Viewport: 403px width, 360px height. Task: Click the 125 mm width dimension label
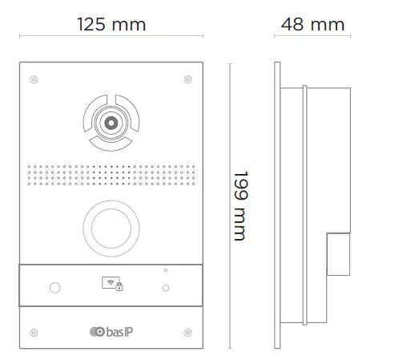pyautogui.click(x=111, y=24)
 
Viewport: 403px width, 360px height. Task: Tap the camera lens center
pyautogui.click(x=109, y=123)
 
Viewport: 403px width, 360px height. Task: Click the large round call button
pyautogui.click(x=111, y=225)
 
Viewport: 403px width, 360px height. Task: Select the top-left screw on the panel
pyautogui.click(x=34, y=79)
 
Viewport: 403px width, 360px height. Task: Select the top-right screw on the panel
pyautogui.click(x=187, y=79)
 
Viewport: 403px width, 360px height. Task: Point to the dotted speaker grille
pyautogui.click(x=111, y=174)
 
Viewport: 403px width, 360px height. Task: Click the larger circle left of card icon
pyautogui.click(x=54, y=287)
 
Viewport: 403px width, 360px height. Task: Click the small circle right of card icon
pyautogui.click(x=166, y=287)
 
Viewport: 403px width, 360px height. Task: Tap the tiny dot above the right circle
pyautogui.click(x=165, y=270)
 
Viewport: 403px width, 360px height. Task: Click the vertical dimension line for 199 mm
pyautogui.click(x=229, y=205)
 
